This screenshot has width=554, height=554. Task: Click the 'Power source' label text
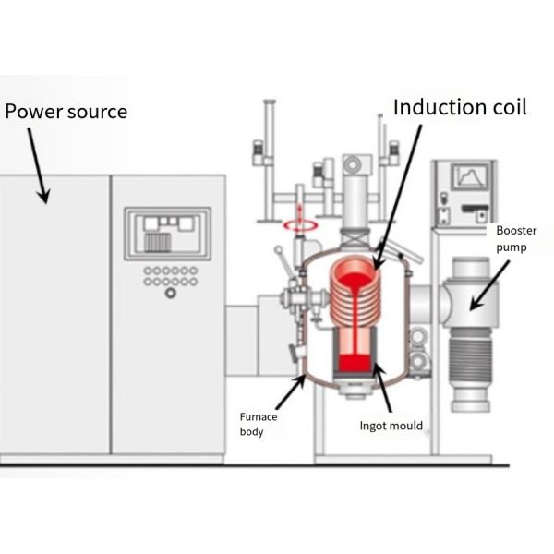66,112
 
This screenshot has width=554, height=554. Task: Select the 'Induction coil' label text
459,106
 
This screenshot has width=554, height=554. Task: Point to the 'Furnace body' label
259,424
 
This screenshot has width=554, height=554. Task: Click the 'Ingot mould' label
391,426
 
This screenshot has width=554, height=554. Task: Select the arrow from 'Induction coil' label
398,194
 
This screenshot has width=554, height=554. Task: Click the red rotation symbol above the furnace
299,223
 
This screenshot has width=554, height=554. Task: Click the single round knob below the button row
170,293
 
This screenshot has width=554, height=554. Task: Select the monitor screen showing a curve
470,175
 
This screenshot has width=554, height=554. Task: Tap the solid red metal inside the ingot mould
354,361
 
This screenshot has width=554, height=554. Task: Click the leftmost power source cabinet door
55,314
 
